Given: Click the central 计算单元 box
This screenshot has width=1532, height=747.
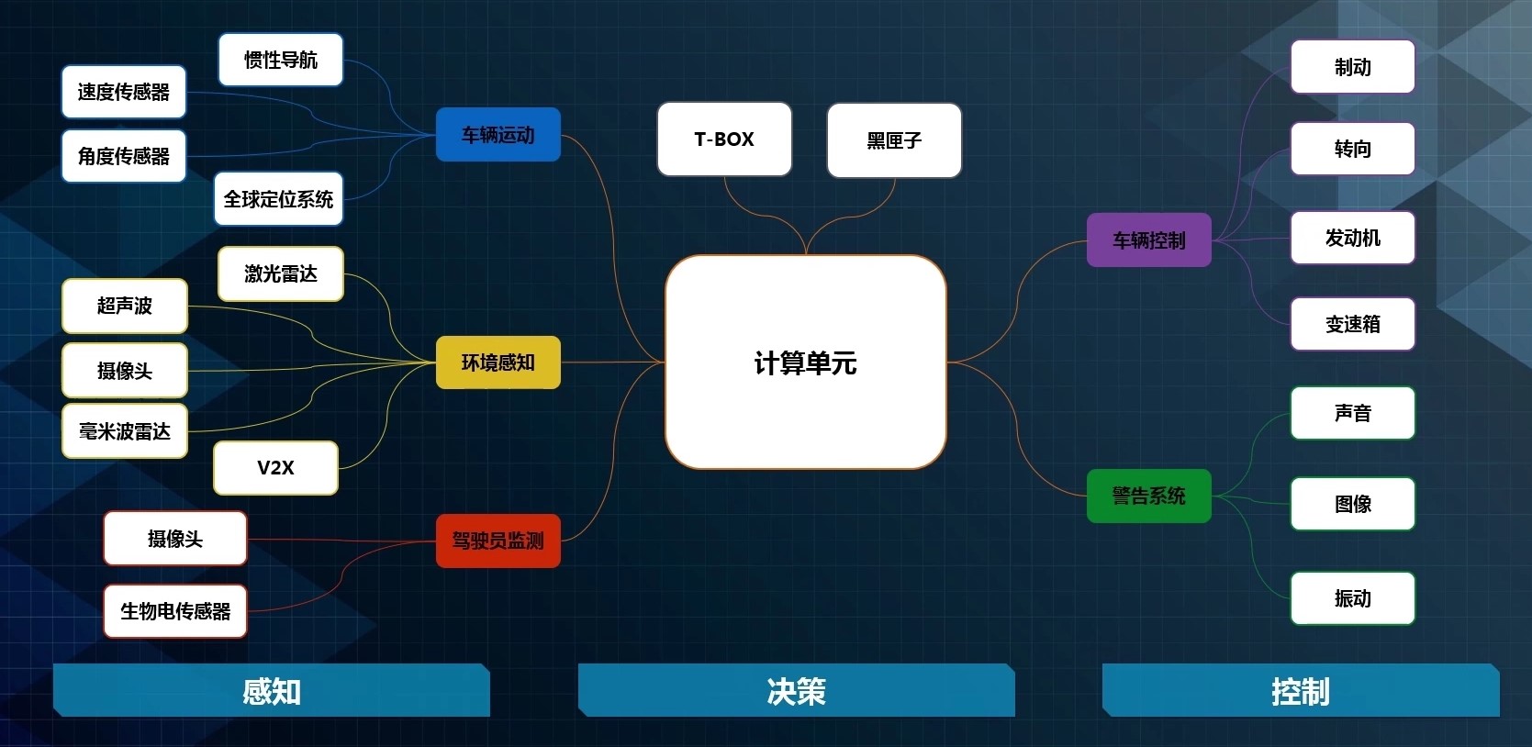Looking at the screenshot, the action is click(x=805, y=362).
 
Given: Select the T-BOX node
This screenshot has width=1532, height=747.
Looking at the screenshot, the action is click(x=724, y=139).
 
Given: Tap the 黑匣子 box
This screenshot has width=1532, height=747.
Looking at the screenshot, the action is click(x=894, y=140).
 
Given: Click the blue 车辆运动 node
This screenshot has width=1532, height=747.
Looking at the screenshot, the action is click(x=498, y=135).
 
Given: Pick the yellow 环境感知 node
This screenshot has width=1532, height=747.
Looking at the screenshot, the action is click(x=498, y=362).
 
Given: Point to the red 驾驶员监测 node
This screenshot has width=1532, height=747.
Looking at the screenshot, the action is click(x=498, y=541).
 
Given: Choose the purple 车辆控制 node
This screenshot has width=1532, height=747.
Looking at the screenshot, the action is click(x=1148, y=240).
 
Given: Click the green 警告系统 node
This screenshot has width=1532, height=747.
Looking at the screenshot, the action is click(x=1148, y=496).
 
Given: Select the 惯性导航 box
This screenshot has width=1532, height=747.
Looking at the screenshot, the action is click(x=280, y=60).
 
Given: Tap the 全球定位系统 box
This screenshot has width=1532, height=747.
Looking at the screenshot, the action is click(x=278, y=199).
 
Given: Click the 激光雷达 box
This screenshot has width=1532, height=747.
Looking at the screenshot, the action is click(x=280, y=273).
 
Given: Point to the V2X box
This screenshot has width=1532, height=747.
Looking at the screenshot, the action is click(x=275, y=468).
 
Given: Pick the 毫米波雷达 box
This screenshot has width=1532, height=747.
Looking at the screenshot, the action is click(x=124, y=431).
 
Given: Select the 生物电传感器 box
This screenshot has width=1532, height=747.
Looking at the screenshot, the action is click(x=175, y=611).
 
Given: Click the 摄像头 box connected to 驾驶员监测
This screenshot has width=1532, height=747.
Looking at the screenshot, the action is click(x=174, y=539).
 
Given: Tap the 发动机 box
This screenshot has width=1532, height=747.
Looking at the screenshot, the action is click(x=1352, y=238).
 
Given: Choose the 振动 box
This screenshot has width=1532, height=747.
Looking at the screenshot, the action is click(x=1352, y=598).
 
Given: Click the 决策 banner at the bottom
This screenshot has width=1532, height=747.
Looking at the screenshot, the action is click(x=796, y=691).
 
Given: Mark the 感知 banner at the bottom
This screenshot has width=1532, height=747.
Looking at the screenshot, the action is click(x=271, y=691).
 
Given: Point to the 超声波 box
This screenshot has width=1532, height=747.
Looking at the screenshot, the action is click(x=124, y=306).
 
